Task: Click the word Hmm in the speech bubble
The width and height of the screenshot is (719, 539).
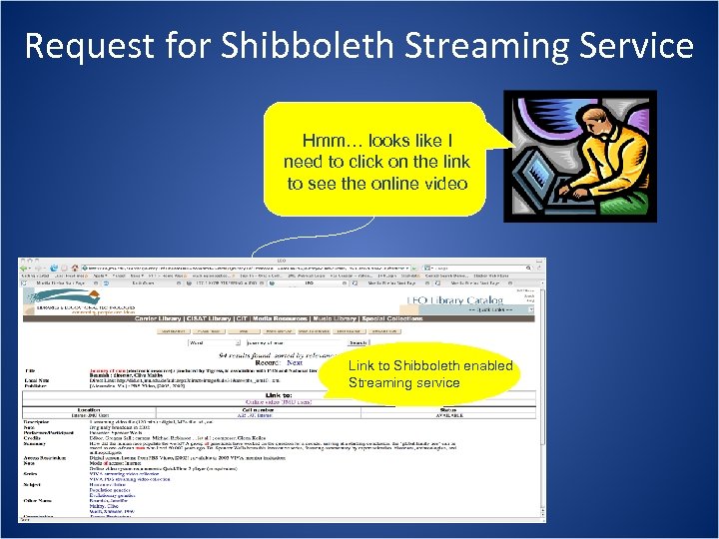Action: click(x=323, y=140)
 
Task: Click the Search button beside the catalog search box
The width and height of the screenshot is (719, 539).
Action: click(x=357, y=343)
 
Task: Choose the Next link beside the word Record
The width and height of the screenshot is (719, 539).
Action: click(x=295, y=362)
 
